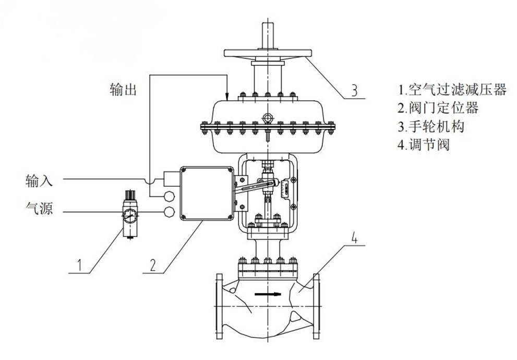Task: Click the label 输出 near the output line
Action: coord(124,90)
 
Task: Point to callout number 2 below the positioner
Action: coord(152,265)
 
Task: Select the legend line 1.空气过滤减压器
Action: coord(452,90)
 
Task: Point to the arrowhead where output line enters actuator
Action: coord(227,95)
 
